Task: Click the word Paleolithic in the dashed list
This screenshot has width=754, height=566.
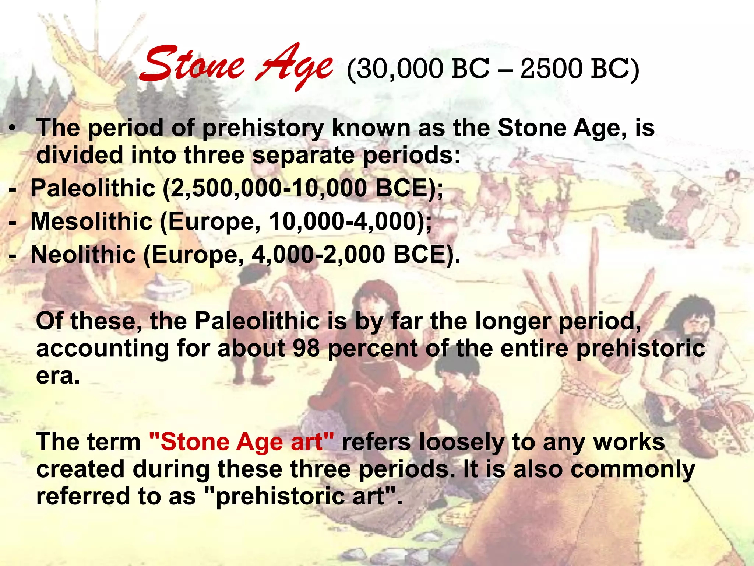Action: click(93, 188)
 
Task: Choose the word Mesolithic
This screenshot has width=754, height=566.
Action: click(91, 221)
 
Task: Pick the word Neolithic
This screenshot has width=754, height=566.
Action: click(83, 255)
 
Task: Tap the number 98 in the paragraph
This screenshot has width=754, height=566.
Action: click(306, 348)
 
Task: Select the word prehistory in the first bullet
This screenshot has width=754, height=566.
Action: click(263, 129)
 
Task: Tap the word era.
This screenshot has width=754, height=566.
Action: click(58, 377)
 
